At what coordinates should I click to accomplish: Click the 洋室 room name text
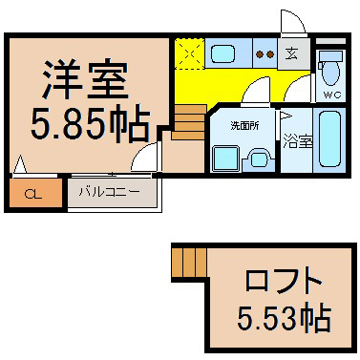[x=85, y=78]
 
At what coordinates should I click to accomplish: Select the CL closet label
[x=33, y=194]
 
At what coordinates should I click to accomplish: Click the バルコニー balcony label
[x=110, y=192]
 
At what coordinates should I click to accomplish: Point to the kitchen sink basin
[x=223, y=53]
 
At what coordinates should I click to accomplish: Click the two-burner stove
[x=265, y=54]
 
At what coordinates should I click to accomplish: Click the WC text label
[x=332, y=95]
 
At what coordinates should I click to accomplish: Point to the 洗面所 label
[x=244, y=126]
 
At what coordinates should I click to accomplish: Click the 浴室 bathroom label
[x=297, y=141]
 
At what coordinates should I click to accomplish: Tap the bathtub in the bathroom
[x=330, y=138]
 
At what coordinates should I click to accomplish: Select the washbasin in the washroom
[x=258, y=159]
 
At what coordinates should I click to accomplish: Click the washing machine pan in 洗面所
[x=225, y=158]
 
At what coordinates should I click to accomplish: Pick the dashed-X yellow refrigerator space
[x=189, y=53]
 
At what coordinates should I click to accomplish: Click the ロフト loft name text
[x=283, y=281]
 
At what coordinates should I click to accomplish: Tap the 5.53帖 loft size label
[x=285, y=318]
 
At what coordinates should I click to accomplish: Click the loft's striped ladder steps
[x=189, y=262]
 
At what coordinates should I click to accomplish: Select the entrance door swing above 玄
[x=293, y=21]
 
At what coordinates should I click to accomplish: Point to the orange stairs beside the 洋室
[x=189, y=122]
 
